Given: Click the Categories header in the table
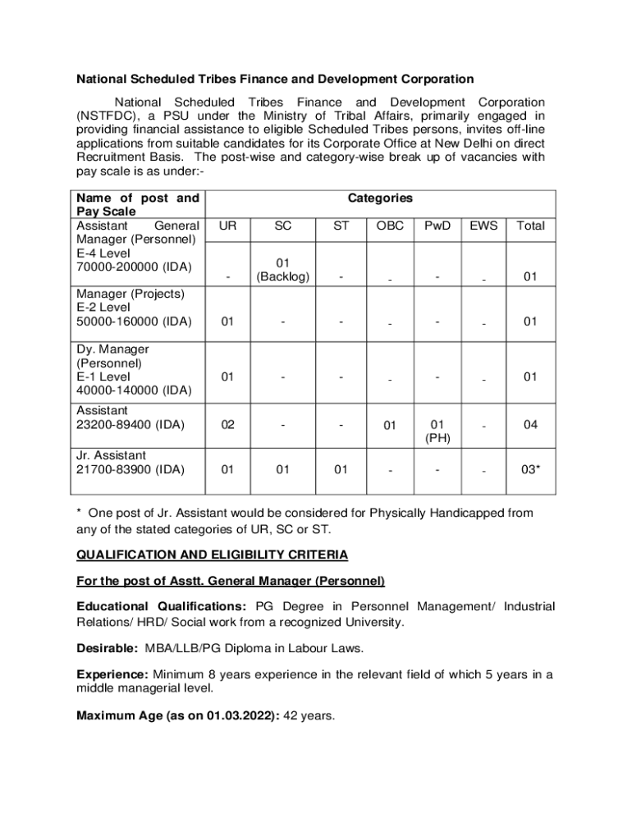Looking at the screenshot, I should point(380,198).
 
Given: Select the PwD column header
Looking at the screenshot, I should point(437,226).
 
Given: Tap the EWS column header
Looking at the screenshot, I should point(483,226).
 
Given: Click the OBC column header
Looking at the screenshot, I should point(390,226).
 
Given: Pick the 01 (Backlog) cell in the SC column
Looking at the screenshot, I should point(283,270).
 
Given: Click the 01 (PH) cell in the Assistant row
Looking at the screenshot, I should point(437,431).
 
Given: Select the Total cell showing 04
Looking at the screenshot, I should point(530,425).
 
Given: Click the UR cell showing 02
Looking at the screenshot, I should point(228,425).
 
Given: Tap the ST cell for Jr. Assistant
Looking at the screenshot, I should point(341,470).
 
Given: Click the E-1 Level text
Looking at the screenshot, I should point(103,377).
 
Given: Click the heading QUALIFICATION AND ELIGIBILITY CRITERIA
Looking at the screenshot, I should point(212,555).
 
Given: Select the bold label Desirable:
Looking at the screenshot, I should point(107,648).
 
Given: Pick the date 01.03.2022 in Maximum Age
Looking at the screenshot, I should point(243,716).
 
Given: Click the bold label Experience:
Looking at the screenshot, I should point(112,674).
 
